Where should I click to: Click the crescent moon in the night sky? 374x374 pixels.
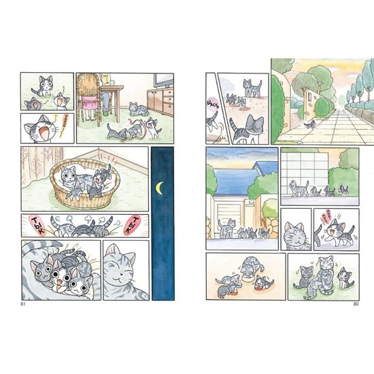(x=160, y=186)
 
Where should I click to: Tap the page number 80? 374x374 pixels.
(x=355, y=303)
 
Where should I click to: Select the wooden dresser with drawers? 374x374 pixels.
(x=161, y=101)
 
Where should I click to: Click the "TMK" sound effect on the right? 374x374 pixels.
(x=135, y=226)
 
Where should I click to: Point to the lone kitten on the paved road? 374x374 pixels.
(x=310, y=124)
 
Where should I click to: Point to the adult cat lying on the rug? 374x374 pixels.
(x=137, y=109)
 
